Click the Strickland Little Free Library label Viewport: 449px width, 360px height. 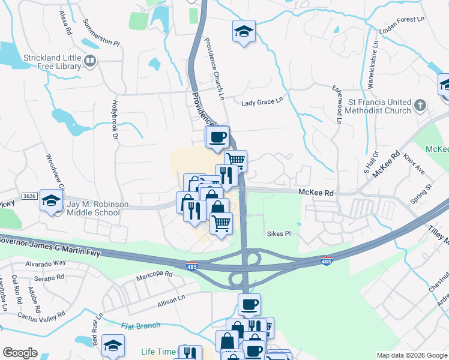pos(43,62)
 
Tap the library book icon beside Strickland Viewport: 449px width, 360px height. pos(90,61)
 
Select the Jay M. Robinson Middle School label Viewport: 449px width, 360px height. pos(97,208)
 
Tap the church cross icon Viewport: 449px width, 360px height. pos(421,106)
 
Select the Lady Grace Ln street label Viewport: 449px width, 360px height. pos(262,103)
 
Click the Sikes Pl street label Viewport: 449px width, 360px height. pos(279,233)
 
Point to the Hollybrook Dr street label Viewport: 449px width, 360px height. pos(114,118)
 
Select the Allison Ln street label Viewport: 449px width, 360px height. pos(172,300)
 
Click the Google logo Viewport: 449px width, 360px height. pos(20,353)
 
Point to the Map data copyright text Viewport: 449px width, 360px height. pos(411,355)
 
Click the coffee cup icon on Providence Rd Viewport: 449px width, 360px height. pos(217,137)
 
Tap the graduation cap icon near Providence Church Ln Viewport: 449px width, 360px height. pos(244,32)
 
